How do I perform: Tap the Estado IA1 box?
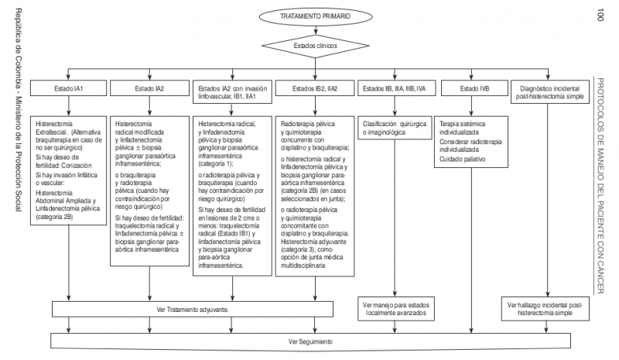pos(69,89)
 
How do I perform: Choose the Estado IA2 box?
pos(149,89)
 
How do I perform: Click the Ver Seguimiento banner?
pos(309,340)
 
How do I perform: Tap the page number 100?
pos(601,14)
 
